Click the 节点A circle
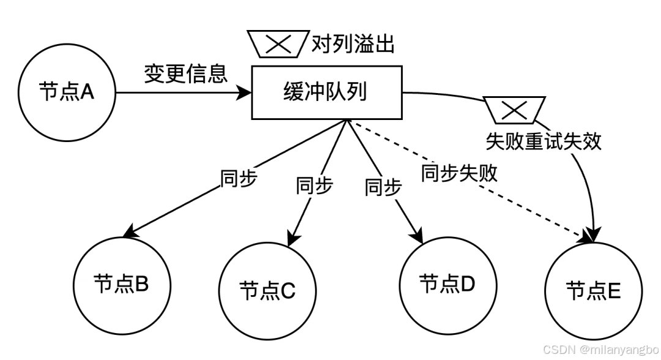pyautogui.click(x=67, y=92)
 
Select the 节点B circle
pyautogui.click(x=122, y=284)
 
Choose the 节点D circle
pyautogui.click(x=447, y=284)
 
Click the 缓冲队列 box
pyautogui.click(x=326, y=92)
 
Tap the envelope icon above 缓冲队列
pyautogui.click(x=278, y=44)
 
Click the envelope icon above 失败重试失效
pyautogui.click(x=514, y=110)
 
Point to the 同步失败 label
pyautogui.click(x=460, y=174)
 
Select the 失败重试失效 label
pyautogui.click(x=543, y=142)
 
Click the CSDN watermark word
pyautogui.click(x=559, y=349)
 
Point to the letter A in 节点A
pyautogui.click(x=87, y=92)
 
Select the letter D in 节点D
pyautogui.click(x=468, y=284)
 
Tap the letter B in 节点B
pyautogui.click(x=141, y=284)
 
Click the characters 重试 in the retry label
pyautogui.click(x=543, y=142)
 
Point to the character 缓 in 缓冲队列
pyautogui.click(x=294, y=92)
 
